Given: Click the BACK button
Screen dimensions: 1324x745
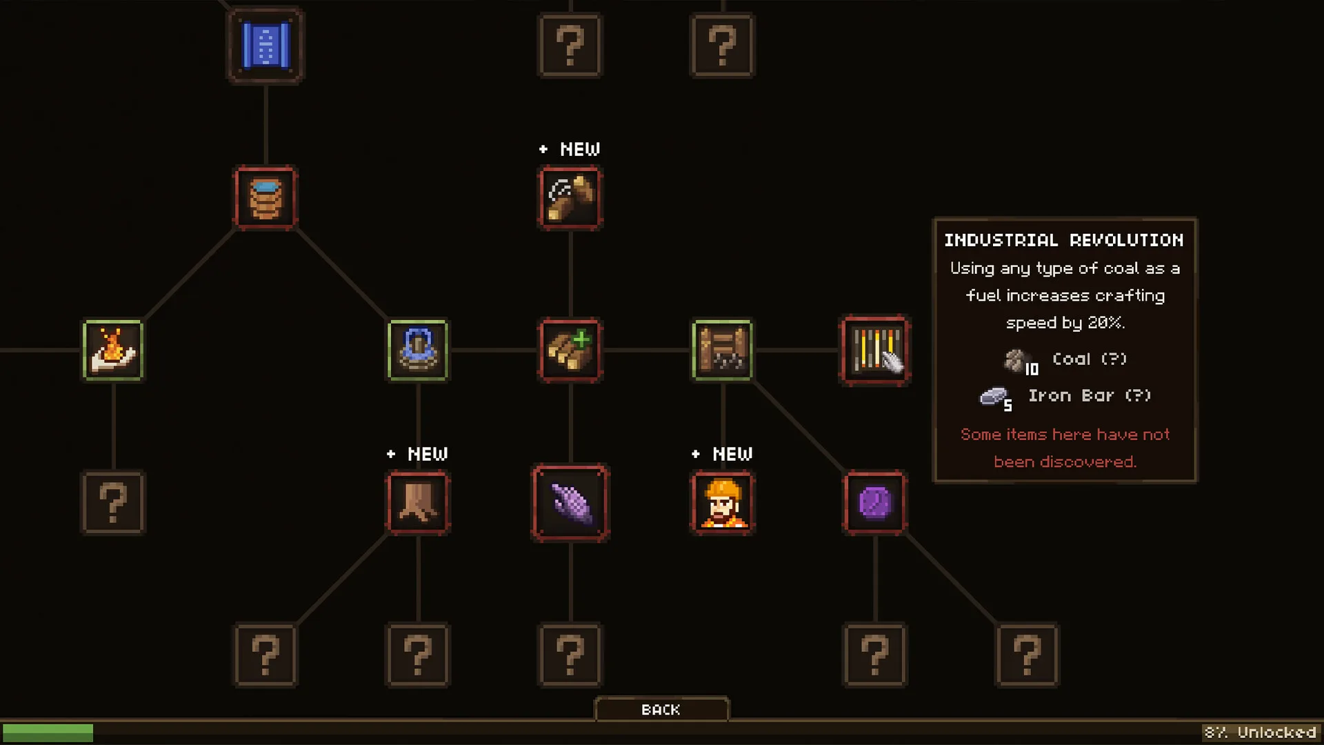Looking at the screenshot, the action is point(661,709).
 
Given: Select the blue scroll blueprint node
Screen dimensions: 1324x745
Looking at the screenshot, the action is point(265,46).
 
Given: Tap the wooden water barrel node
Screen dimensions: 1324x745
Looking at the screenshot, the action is point(265,198).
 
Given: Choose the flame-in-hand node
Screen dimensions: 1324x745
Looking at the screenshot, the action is point(113,350).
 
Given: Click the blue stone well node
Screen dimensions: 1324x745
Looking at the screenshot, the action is point(418,350).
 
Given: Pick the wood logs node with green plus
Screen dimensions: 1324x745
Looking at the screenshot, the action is point(570,350).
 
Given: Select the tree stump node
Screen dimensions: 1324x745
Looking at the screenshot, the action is point(418,503).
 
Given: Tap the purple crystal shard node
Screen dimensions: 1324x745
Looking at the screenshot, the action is point(570,503).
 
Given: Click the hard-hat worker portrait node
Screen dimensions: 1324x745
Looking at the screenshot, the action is point(723,503).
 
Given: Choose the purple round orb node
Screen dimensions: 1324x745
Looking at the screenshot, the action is point(875,503).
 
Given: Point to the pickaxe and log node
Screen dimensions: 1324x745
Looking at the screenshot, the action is point(570,198).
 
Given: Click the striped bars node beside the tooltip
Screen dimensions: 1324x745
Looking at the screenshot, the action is point(875,350).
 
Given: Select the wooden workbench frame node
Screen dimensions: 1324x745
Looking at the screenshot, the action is point(723,350).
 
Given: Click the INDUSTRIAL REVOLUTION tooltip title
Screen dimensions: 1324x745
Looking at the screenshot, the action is point(1064,240).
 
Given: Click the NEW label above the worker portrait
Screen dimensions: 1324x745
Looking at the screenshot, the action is point(732,454).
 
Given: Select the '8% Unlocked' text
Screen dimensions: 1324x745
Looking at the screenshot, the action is point(1260,733).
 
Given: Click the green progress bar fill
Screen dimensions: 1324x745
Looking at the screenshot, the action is point(48,733).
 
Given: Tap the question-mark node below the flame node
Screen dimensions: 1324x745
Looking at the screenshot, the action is point(113,503).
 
